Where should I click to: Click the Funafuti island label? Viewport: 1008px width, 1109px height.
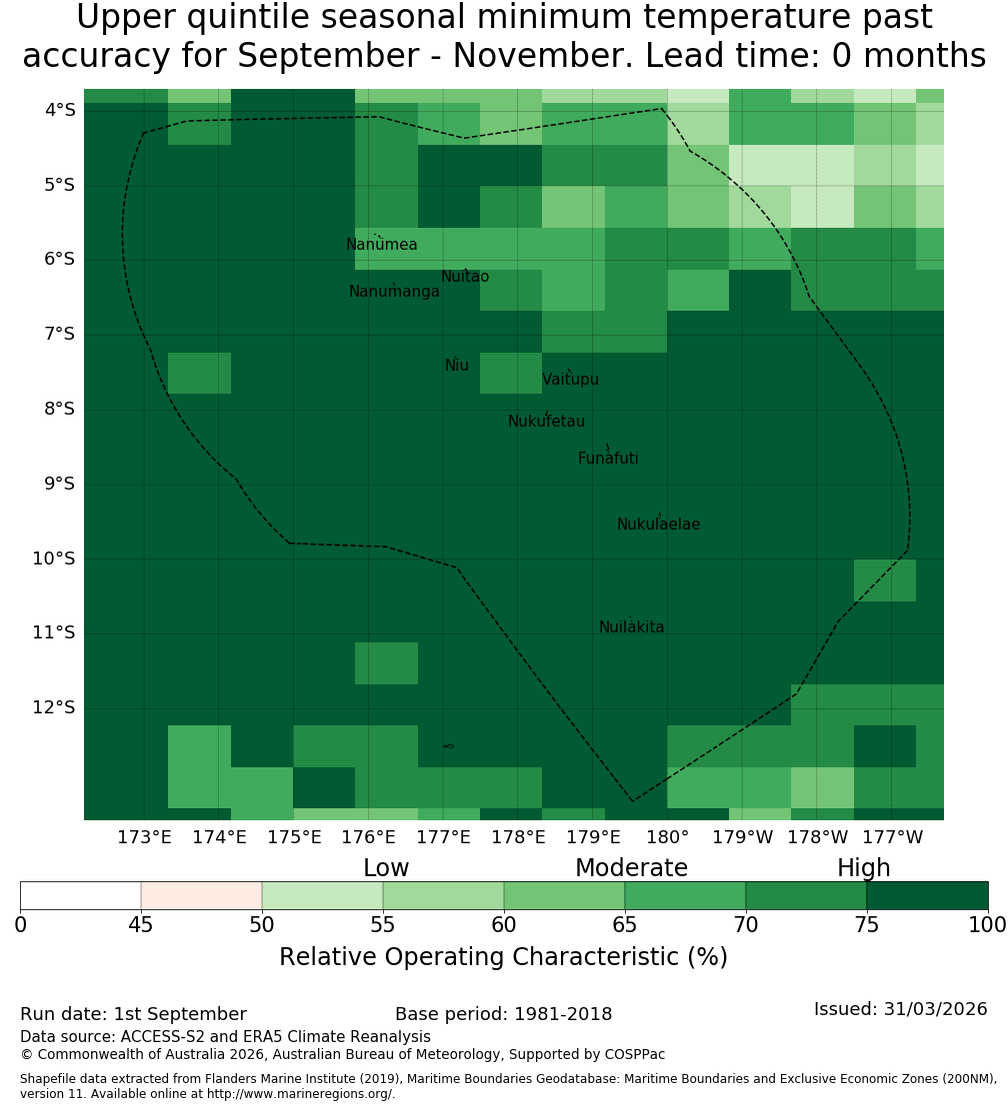[x=608, y=459]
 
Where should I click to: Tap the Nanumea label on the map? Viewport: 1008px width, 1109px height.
[x=382, y=245]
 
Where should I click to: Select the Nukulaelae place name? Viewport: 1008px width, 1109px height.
[x=658, y=525]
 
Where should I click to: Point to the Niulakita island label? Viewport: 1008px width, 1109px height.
[x=631, y=627]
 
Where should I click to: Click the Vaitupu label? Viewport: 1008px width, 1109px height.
[x=571, y=379]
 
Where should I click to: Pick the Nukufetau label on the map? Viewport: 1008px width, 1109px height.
[x=546, y=422]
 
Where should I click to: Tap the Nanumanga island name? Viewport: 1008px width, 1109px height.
[x=394, y=292]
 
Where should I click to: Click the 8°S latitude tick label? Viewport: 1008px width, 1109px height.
[x=59, y=410]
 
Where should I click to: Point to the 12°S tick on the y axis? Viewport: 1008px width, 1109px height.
[x=54, y=708]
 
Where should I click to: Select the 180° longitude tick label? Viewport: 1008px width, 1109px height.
[x=668, y=838]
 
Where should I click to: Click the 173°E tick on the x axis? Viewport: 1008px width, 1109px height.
[x=144, y=838]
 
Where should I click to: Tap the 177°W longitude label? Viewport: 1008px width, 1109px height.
[x=893, y=838]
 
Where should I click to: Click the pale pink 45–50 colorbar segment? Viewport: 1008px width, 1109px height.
[x=202, y=895]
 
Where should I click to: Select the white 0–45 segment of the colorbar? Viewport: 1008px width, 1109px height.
[x=81, y=895]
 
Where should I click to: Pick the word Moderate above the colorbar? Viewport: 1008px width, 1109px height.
[x=631, y=868]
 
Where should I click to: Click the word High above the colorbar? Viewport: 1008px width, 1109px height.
[x=864, y=868]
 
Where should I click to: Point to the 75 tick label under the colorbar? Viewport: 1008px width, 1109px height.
[x=866, y=925]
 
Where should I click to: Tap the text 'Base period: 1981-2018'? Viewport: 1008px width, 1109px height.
[x=503, y=1014]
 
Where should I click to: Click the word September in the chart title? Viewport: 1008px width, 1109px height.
[x=328, y=56]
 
